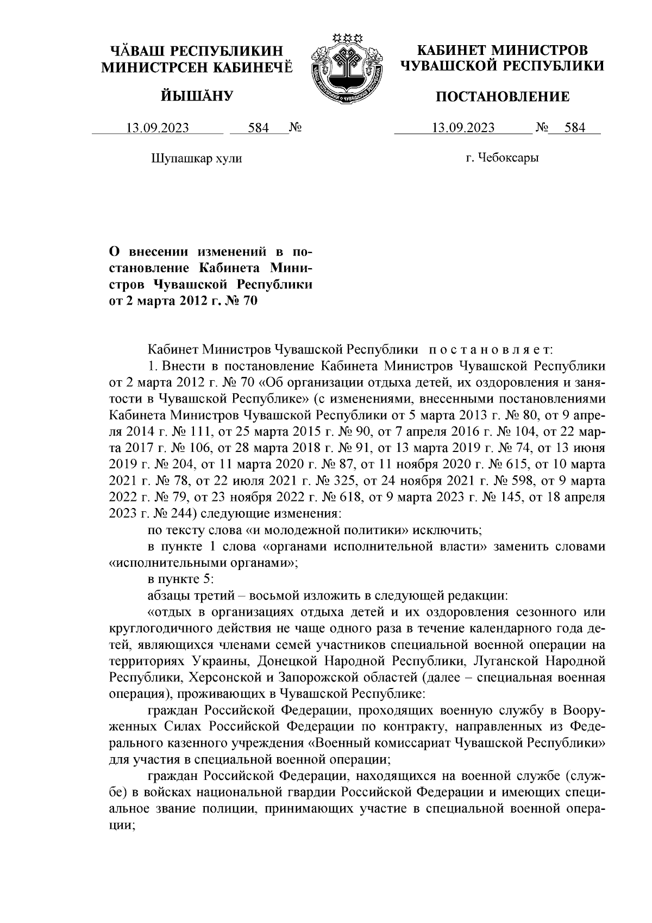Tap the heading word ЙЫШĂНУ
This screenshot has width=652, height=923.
(x=197, y=97)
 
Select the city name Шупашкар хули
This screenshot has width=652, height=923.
(x=196, y=158)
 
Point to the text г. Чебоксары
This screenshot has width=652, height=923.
(x=503, y=158)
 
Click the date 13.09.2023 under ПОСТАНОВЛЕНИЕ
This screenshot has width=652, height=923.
(x=463, y=128)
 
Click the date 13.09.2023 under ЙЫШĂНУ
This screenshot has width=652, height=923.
(x=158, y=128)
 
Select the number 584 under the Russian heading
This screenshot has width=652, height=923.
(x=575, y=128)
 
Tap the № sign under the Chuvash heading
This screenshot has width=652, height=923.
(x=296, y=128)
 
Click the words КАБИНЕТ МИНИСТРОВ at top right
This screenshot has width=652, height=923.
(x=501, y=51)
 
